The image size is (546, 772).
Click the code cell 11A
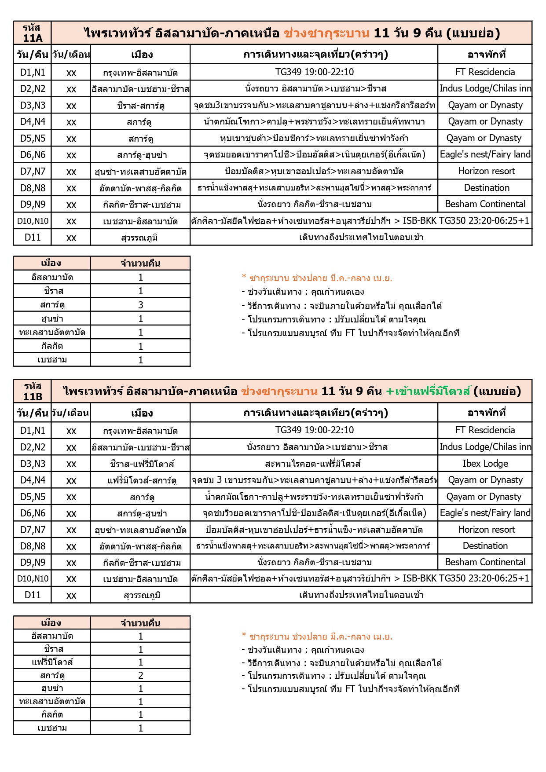(32, 33)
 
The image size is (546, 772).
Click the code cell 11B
(32, 391)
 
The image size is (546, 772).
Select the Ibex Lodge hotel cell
(485, 464)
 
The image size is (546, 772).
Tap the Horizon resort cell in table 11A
(486, 171)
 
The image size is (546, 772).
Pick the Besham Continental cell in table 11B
(485, 562)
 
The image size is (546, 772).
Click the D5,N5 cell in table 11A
(33, 138)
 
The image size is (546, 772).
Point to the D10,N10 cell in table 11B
(33, 578)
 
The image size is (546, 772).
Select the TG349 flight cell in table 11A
(314, 72)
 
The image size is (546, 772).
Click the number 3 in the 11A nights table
(140, 305)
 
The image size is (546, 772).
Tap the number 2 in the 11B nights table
(140, 675)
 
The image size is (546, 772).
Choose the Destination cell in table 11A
(486, 188)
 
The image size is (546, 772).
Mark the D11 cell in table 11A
(33, 238)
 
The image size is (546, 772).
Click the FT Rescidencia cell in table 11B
(485, 430)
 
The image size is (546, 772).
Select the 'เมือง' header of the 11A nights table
(51, 263)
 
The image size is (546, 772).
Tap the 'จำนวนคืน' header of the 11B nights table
(140, 623)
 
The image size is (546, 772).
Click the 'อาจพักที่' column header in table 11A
(486, 55)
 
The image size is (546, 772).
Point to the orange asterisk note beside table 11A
(317, 278)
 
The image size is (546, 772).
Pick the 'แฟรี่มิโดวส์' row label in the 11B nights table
(52, 662)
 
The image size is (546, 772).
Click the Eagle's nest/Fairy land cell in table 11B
(485, 513)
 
